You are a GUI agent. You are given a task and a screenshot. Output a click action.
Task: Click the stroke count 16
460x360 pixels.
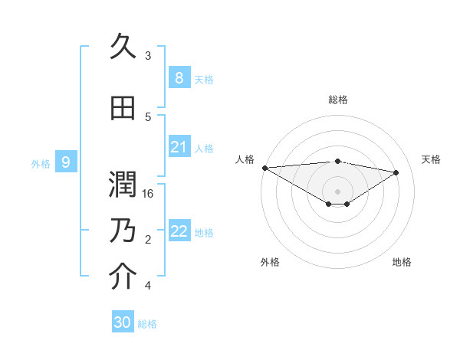coord(149,194)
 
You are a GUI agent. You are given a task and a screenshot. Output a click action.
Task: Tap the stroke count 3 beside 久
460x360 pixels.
coord(148,56)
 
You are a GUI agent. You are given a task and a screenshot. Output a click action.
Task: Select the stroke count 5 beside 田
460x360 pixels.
coord(148,117)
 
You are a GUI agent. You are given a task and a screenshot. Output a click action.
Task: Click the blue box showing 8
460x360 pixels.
coord(179,78)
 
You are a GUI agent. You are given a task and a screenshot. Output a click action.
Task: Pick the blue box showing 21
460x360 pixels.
coord(179,147)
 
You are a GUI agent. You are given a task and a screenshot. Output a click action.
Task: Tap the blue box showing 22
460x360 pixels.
coord(179,232)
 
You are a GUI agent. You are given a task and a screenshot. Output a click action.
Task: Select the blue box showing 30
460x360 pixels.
coord(122,322)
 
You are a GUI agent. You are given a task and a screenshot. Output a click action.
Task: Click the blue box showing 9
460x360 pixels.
coord(66,162)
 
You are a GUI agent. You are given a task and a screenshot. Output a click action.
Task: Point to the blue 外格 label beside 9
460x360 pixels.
coord(41,163)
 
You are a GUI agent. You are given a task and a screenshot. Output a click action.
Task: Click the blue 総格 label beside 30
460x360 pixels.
coord(147,324)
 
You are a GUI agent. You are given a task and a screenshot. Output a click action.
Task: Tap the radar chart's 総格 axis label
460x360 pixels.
coord(337,100)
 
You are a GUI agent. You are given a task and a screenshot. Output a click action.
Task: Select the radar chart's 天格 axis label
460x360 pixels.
coord(432,159)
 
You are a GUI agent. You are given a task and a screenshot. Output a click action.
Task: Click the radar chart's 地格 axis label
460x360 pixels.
coord(402,263)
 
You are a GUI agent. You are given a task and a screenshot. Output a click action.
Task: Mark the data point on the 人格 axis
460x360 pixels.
coord(264,168)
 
